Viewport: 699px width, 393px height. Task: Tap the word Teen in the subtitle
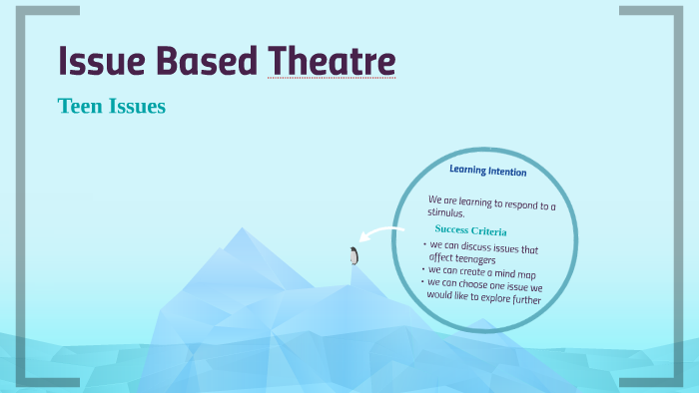(79, 106)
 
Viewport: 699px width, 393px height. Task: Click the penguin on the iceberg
(353, 255)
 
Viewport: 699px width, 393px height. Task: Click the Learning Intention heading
(487, 171)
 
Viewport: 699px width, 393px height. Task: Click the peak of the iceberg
(242, 231)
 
